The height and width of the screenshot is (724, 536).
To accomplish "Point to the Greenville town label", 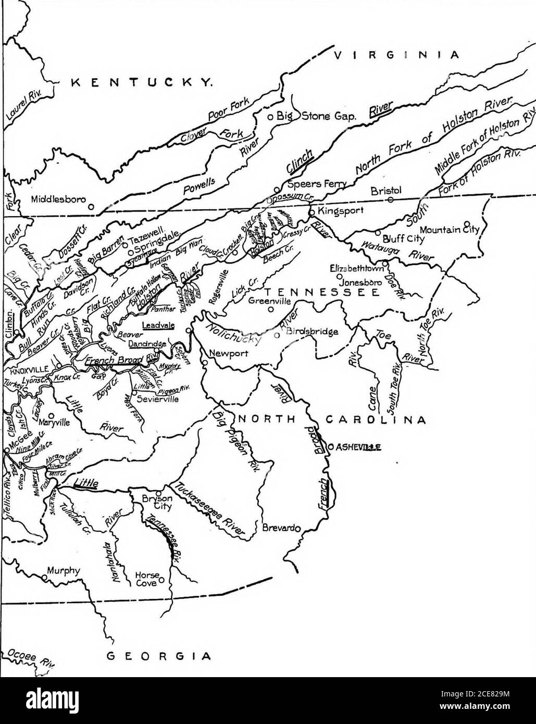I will point(268,301).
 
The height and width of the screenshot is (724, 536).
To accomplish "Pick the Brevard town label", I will point(279,527).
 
